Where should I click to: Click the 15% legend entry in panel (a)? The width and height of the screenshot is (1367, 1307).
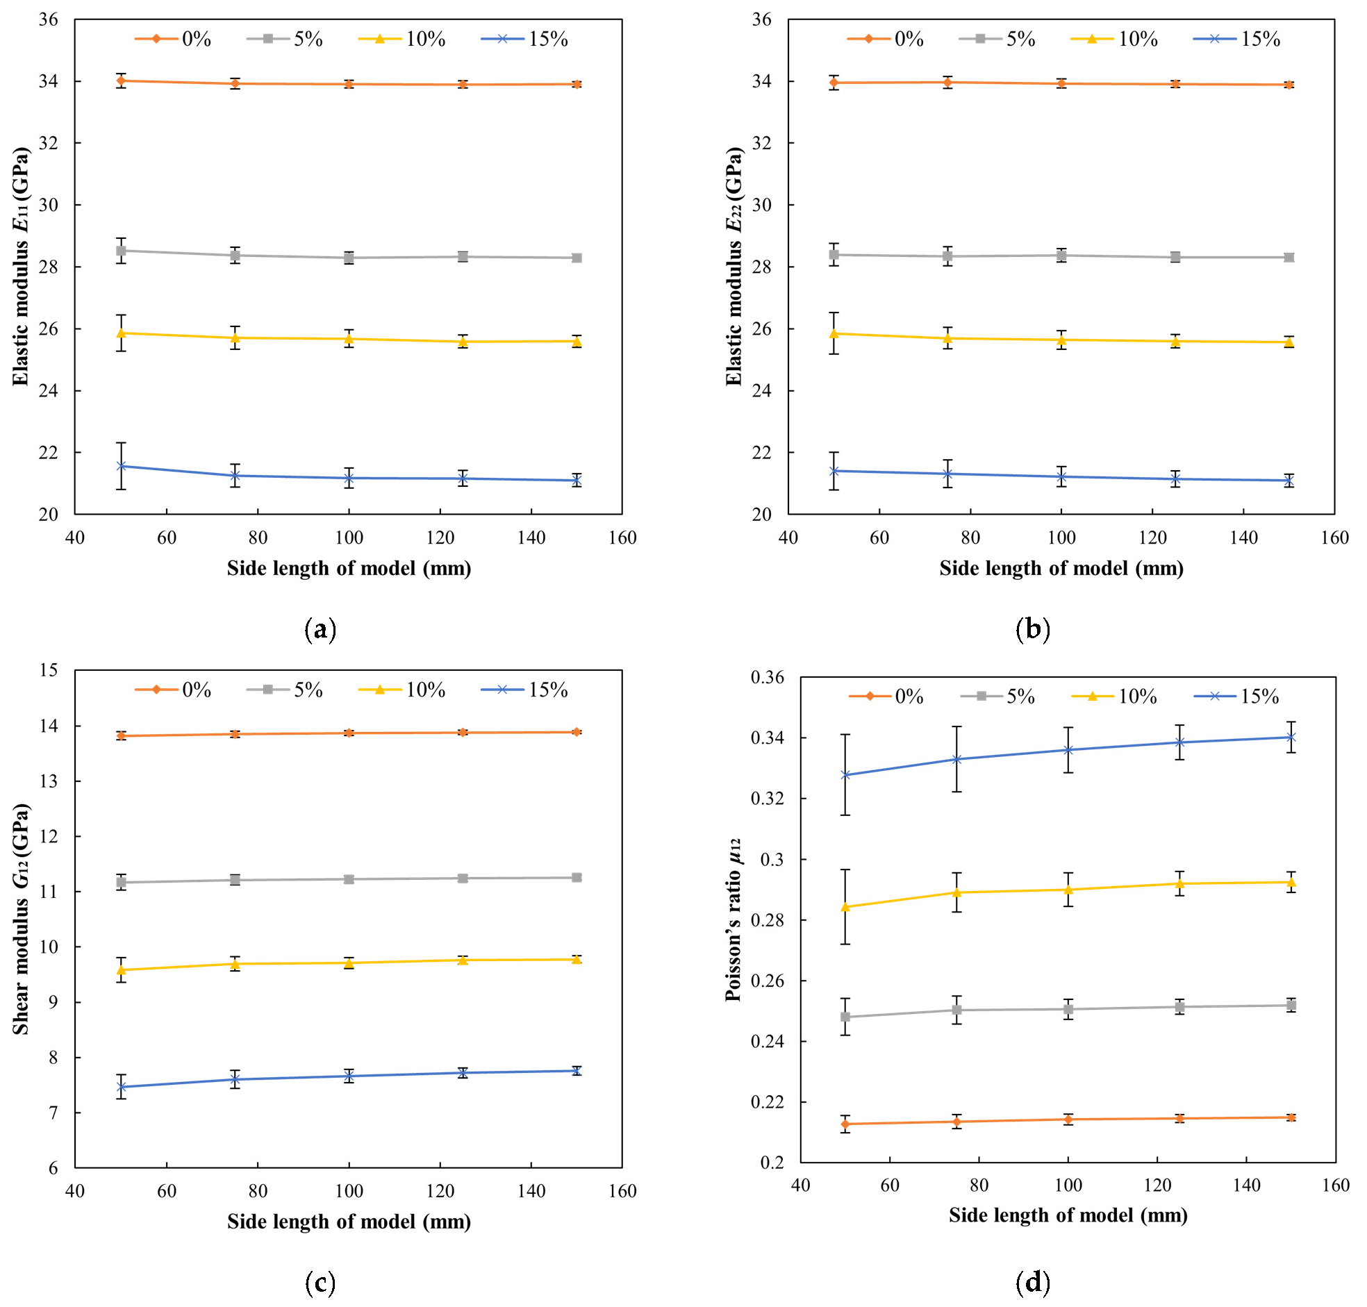pos(524,39)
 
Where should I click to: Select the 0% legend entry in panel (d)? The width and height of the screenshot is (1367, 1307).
pos(886,696)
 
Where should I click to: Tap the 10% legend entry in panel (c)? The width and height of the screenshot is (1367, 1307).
pos(402,690)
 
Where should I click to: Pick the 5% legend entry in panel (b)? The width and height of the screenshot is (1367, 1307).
pos(997,39)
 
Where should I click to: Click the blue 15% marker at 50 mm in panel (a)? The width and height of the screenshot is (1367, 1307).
pos(122,466)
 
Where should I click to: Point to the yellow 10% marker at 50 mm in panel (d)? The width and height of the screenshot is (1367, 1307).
pos(845,906)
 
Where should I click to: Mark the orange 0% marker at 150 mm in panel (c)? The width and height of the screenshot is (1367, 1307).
pos(577,731)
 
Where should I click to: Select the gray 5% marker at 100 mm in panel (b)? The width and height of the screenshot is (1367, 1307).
pos(1062,256)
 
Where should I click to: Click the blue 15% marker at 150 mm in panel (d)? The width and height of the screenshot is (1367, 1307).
pos(1291,736)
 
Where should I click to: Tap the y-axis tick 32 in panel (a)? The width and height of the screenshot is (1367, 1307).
pos(49,144)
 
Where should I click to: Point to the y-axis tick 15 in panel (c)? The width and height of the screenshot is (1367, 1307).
pos(49,670)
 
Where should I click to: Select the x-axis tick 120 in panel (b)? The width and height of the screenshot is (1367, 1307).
pos(1152,538)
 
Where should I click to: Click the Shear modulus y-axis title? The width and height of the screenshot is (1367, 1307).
pos(22,919)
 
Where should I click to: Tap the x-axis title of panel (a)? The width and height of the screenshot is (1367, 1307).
pos(349,569)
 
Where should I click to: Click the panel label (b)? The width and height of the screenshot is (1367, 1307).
pos(1033,629)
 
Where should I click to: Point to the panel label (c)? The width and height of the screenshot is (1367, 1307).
pos(320,1282)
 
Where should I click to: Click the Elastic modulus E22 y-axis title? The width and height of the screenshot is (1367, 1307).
pos(734,266)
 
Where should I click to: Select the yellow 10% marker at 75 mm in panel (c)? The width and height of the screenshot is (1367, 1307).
pos(235,963)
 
